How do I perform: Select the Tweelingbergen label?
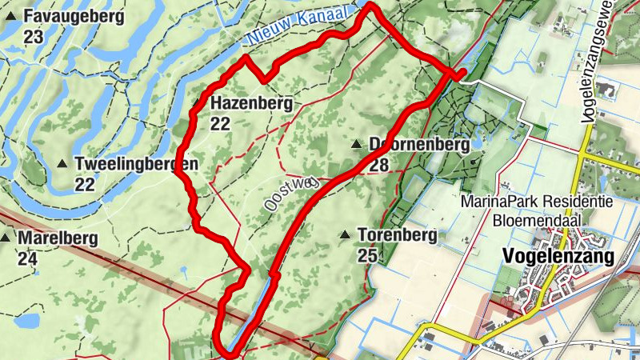click(136, 164)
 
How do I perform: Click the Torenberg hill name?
click(397, 235)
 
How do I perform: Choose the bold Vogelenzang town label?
click(559, 256)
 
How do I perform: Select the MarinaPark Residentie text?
click(537, 202)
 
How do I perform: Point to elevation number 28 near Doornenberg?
click(379, 166)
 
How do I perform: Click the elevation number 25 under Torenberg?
click(367, 255)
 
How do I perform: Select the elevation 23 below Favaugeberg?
click(34, 36)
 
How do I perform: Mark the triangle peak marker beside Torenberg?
click(345, 235)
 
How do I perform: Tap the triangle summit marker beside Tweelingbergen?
click(62, 164)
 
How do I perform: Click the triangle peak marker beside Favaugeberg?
click(11, 16)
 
